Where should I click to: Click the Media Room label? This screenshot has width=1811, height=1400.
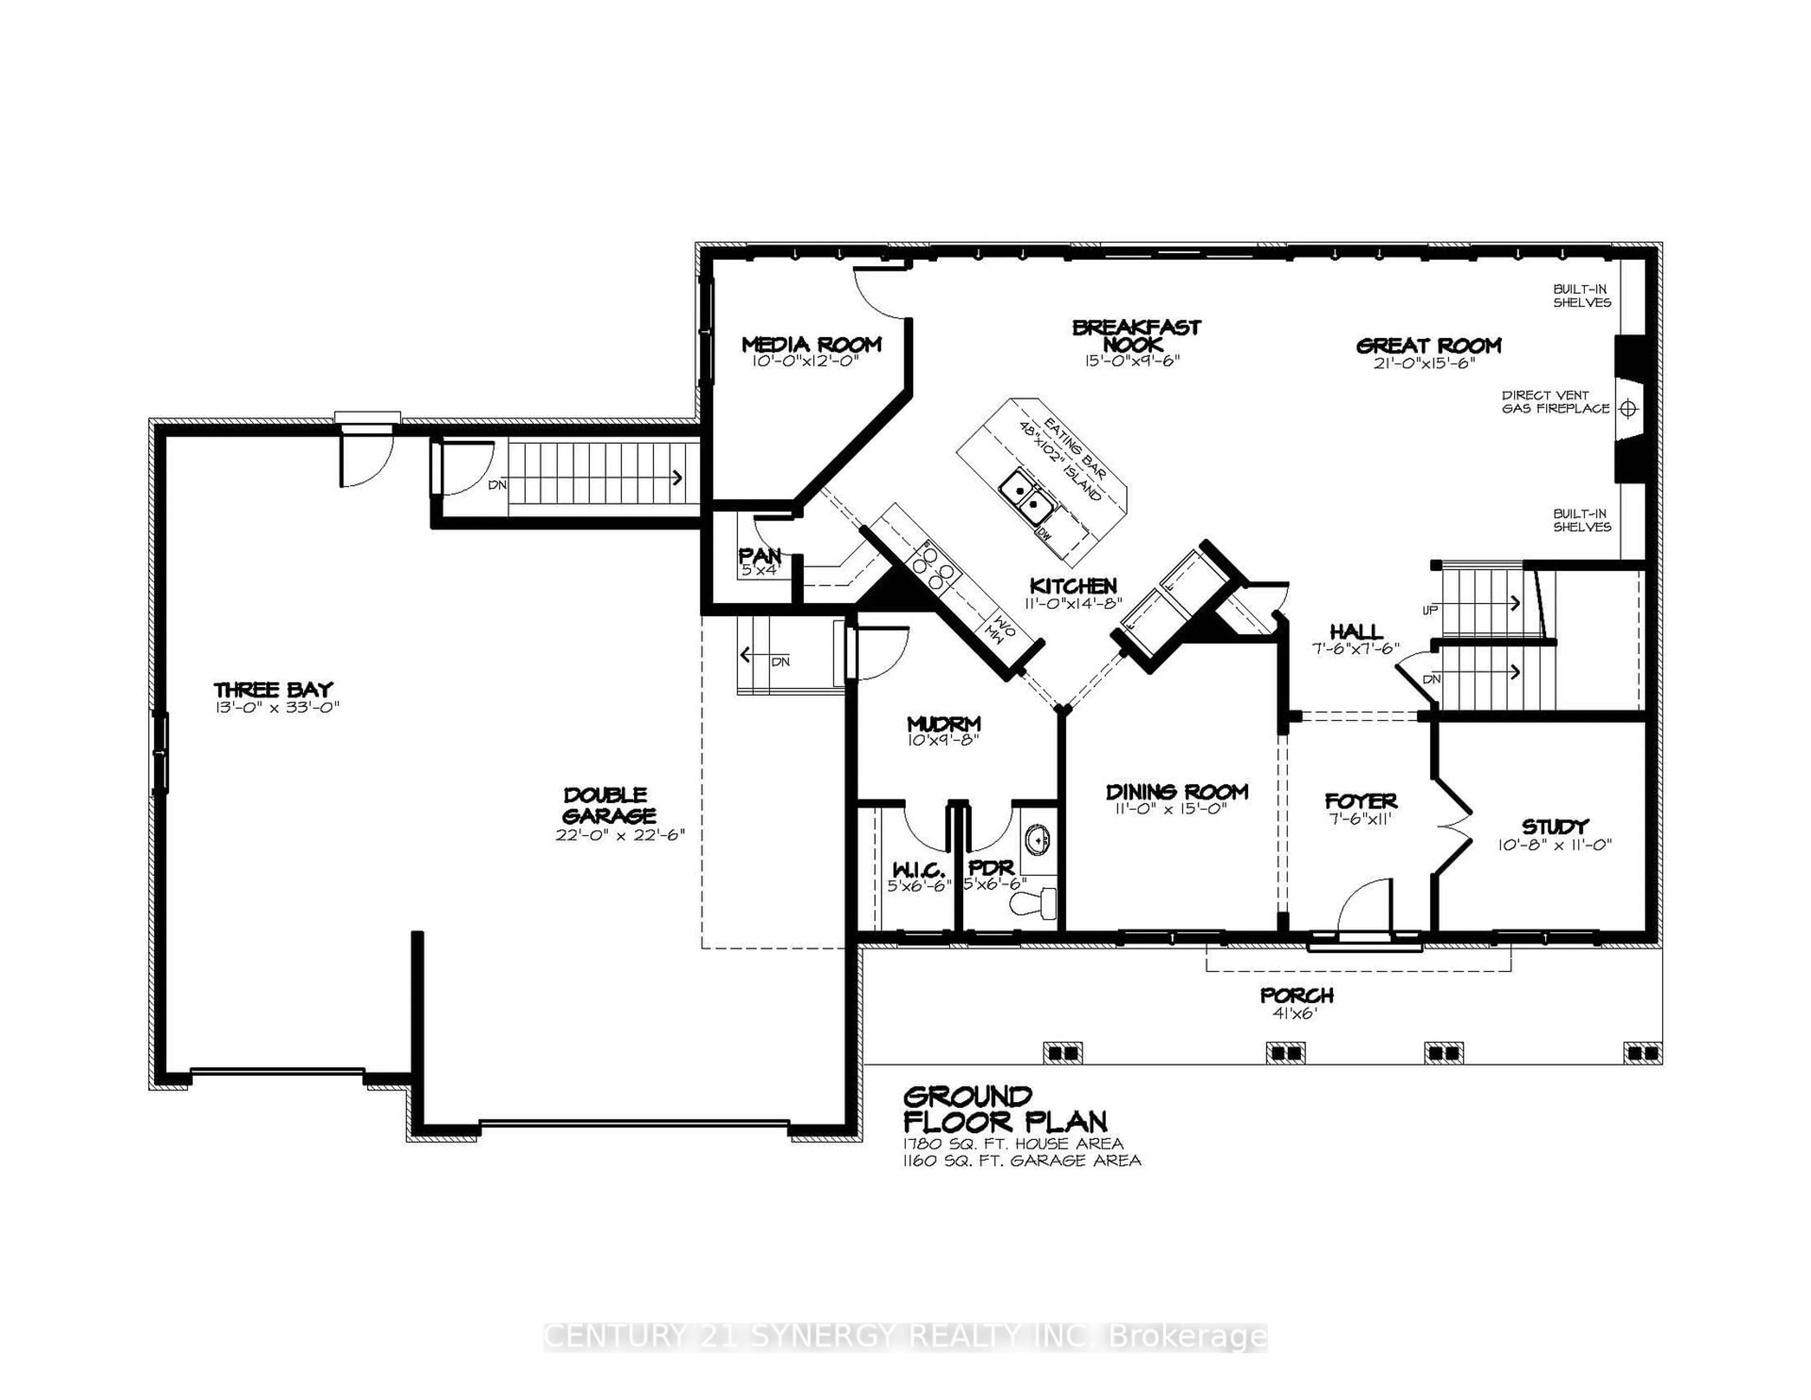811,344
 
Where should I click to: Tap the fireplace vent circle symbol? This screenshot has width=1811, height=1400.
1628,409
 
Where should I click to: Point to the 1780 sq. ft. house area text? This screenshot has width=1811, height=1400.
1013,1144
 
